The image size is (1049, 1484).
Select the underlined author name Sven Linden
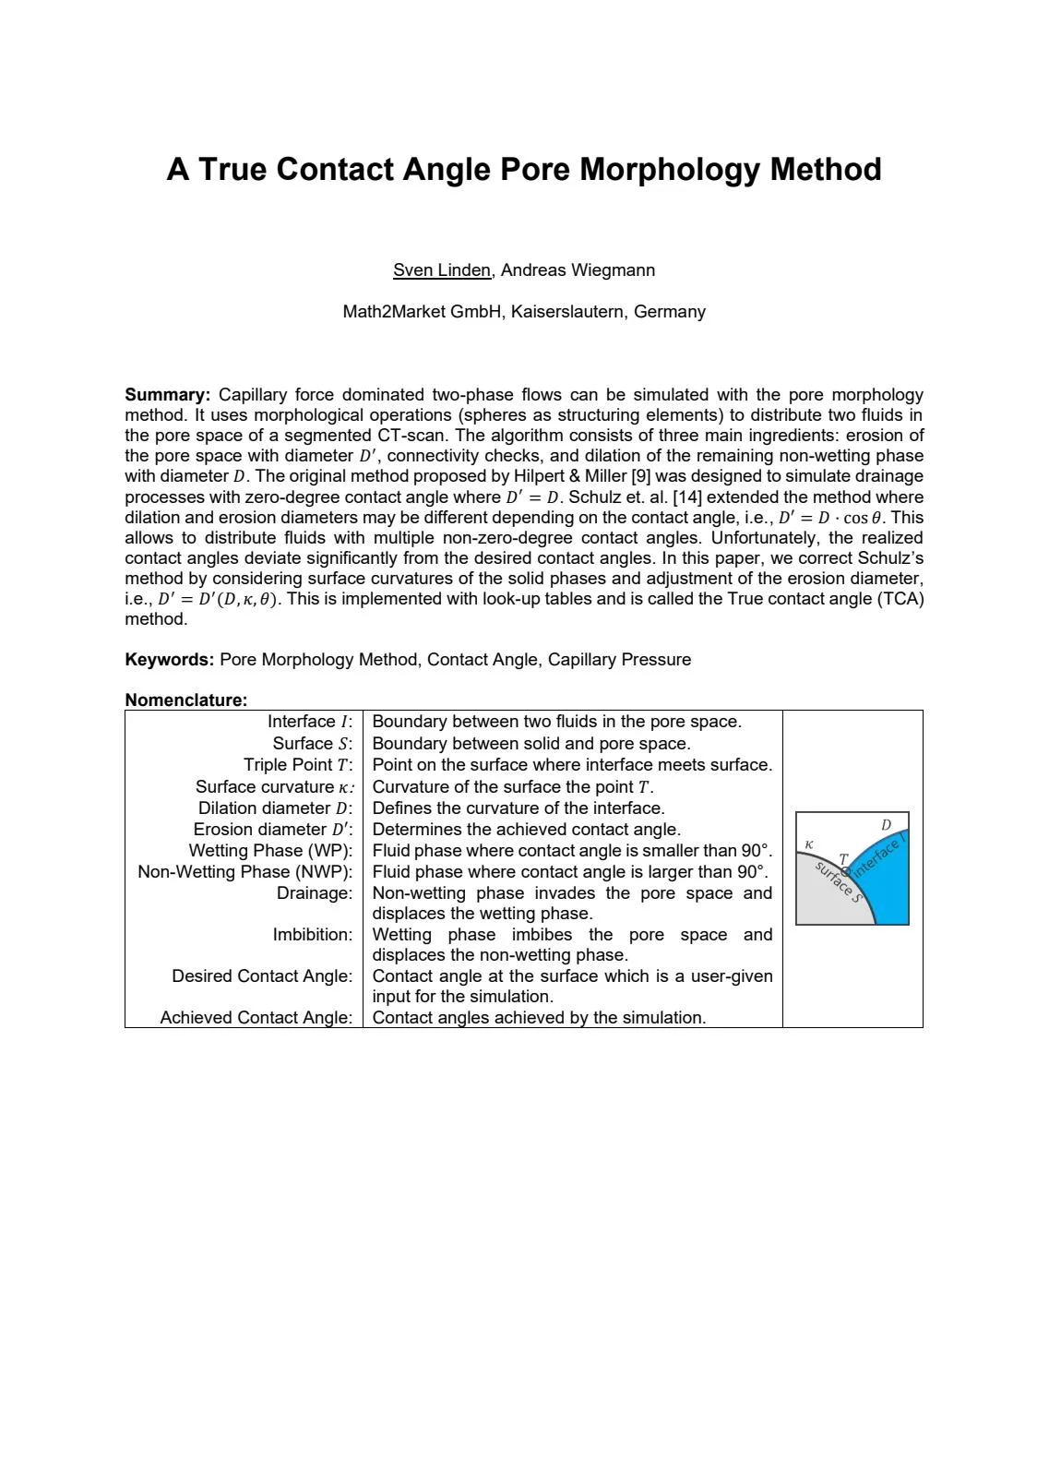pos(442,270)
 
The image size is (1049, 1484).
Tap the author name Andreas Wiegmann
pos(578,270)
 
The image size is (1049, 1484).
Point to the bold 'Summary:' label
pos(168,395)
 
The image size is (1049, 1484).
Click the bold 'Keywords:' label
pos(170,660)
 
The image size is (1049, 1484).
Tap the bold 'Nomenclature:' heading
pos(186,700)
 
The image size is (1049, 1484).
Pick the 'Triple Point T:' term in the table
pos(298,765)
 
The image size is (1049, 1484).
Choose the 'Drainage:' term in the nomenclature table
pos(315,893)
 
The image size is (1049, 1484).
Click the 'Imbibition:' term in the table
pos(313,935)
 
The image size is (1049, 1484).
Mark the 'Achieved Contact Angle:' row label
pos(256,1018)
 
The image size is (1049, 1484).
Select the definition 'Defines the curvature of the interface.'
pos(518,808)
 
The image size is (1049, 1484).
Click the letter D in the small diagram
pos(887,825)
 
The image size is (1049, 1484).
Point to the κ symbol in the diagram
pos(809,844)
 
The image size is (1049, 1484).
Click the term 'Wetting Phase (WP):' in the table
pos(270,851)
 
